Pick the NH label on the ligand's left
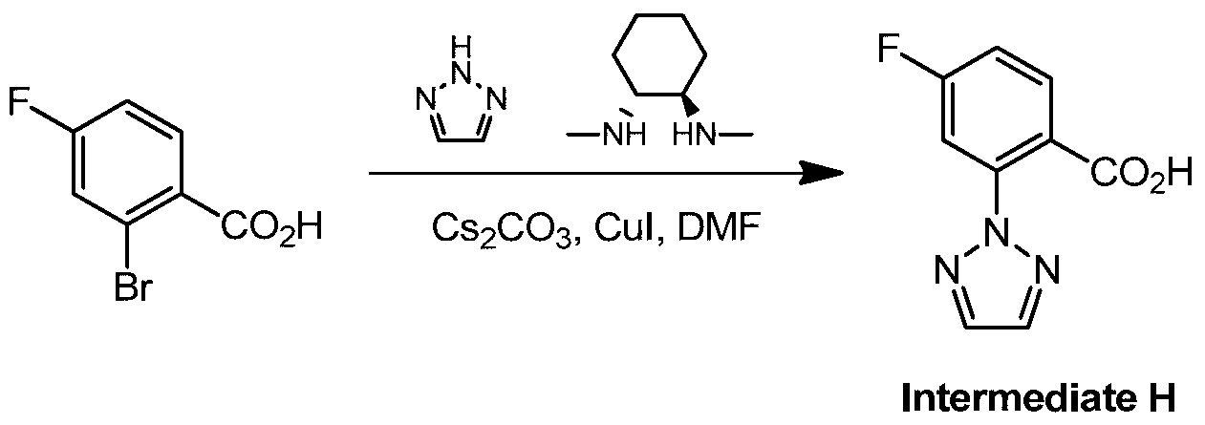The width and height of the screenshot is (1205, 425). click(622, 134)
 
